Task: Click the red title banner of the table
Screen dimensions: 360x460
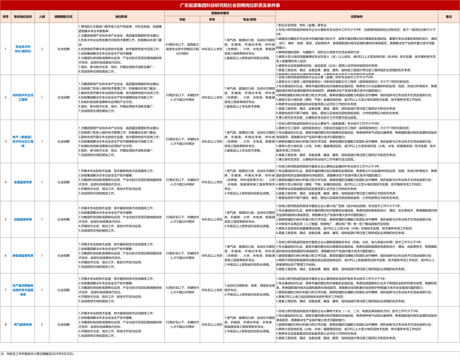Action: coord(230,5)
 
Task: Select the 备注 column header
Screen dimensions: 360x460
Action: coord(448,16)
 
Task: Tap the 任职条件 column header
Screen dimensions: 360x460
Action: coord(356,16)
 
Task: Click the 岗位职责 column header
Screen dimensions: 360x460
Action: coord(121,16)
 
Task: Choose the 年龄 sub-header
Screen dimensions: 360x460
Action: coord(182,19)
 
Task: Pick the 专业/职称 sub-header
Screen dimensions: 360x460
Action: coord(250,19)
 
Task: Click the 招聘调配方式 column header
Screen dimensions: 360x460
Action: coord(63,16)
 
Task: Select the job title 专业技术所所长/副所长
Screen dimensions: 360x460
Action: coord(23,49)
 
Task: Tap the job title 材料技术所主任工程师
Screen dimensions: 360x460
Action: coord(23,97)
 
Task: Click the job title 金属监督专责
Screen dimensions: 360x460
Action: coord(23,182)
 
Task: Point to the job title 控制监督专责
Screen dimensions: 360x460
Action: coord(23,219)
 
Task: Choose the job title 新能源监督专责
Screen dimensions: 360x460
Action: coord(23,255)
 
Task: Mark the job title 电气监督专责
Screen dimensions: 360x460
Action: coord(23,324)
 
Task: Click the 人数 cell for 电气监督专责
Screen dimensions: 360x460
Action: coord(42,324)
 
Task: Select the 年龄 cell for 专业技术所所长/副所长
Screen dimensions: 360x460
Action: coord(182,49)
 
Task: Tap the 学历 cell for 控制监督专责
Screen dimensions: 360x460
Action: coord(212,219)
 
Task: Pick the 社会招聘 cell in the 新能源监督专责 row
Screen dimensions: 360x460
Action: coord(63,255)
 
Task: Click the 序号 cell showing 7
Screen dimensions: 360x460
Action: coord(6,290)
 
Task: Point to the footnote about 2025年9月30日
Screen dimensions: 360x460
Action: coord(38,354)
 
